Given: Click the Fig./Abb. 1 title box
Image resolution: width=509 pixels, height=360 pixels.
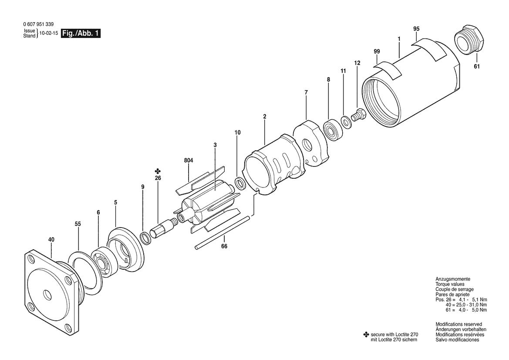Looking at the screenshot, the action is tap(81, 34).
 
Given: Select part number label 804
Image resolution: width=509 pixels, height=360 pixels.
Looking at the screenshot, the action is tap(189, 160).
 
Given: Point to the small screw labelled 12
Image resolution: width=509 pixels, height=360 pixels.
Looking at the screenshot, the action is tap(358, 115).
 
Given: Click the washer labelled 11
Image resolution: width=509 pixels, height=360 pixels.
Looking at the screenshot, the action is tap(345, 122).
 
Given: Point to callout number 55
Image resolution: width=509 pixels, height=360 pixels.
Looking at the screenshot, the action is tap(78, 224).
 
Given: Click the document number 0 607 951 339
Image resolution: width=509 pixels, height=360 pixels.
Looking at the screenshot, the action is tap(39, 24).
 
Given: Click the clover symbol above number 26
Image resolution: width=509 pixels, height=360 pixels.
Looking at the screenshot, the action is tap(158, 171).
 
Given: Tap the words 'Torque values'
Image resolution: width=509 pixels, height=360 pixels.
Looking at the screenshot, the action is tap(450, 284).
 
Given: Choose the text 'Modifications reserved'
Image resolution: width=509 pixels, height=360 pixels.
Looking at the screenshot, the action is tap(458, 324).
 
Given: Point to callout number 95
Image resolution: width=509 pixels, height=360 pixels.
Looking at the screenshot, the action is tap(416, 29).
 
